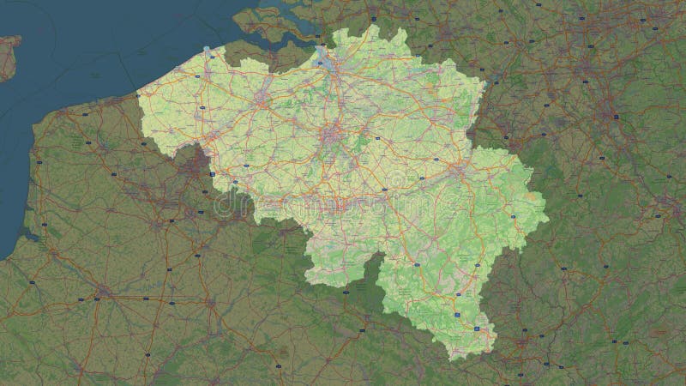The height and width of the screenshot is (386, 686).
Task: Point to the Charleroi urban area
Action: click(339, 207)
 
